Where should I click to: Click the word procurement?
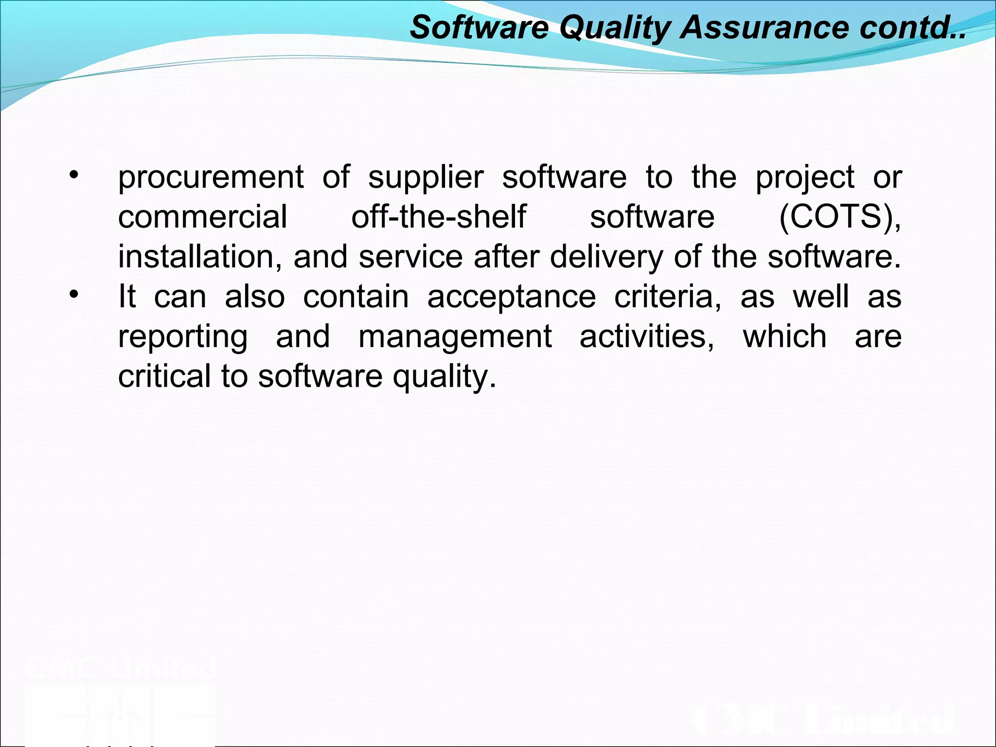(211, 178)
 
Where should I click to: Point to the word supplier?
(426, 178)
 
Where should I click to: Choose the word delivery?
(606, 257)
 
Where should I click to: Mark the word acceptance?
(512, 297)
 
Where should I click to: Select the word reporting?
(183, 337)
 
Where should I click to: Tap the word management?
(455, 337)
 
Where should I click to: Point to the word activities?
(647, 336)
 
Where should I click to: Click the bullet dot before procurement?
(73, 176)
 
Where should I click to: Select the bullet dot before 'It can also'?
(73, 295)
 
